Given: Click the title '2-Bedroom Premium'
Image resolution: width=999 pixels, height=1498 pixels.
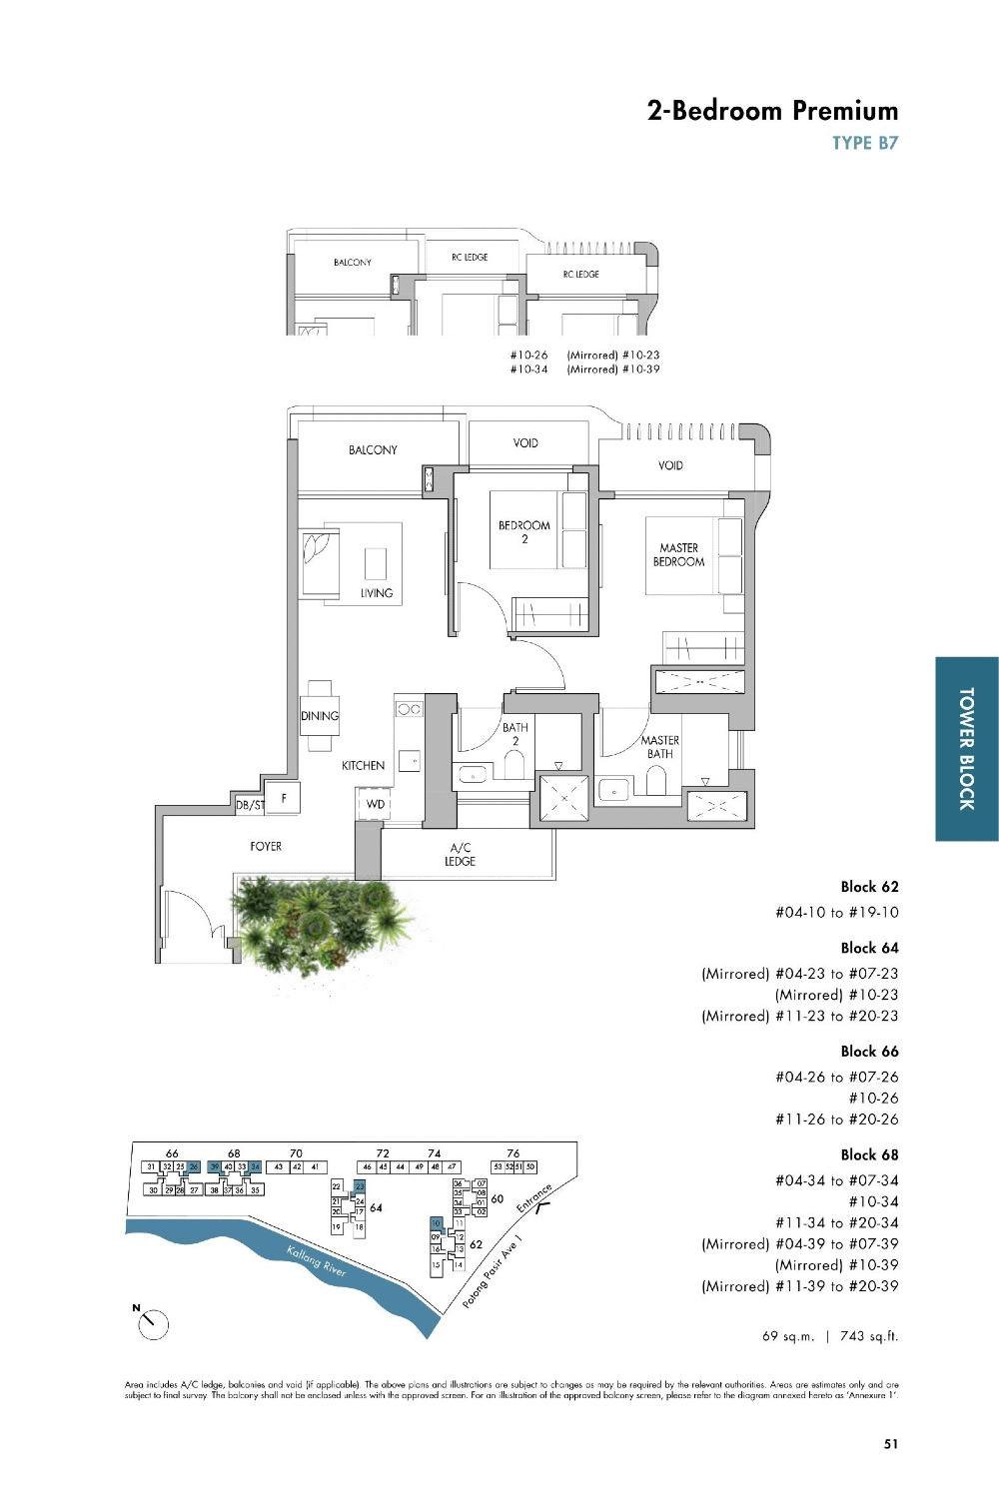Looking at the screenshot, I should coord(772,110).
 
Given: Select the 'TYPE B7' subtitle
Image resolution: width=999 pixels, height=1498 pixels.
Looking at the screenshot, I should coord(865,143).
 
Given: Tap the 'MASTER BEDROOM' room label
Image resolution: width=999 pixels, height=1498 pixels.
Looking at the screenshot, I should coord(678,555).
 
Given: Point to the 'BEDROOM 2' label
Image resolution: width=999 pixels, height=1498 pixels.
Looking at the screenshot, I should coord(524,531).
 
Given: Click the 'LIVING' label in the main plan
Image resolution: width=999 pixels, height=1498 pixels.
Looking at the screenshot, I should coord(377,593).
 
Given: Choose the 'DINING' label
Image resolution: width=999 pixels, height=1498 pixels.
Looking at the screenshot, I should coord(320,716).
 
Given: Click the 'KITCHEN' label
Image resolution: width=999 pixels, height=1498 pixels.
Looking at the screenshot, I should coord(363,766).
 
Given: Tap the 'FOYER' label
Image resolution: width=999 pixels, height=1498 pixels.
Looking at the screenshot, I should coord(266,847).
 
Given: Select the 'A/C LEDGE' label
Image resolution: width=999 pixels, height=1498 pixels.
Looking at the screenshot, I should coord(460,855).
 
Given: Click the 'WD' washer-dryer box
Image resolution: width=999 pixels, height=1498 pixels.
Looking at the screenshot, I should coord(375,804).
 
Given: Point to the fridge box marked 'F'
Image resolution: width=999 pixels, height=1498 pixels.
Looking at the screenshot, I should coord(285,798).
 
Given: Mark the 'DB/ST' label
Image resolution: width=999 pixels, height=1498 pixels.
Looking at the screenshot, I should coord(249,805).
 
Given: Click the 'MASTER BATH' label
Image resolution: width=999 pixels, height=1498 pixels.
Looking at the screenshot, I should coord(659,747).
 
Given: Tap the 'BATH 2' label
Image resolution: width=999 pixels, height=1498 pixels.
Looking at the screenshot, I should coord(515,734).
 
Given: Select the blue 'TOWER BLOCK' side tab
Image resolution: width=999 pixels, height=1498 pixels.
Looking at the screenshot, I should coord(966,748).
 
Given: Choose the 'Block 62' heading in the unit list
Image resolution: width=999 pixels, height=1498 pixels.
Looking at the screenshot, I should coord(869,887).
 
